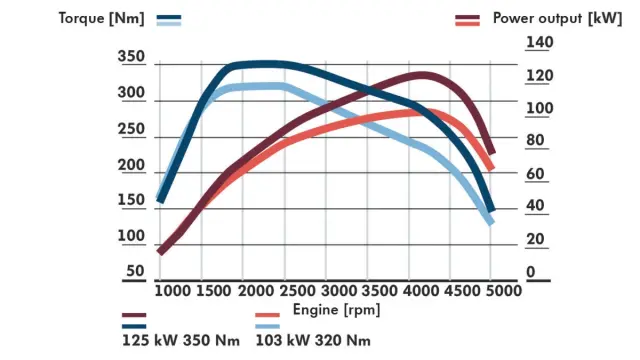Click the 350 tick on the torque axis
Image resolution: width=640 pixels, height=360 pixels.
click(x=132, y=58)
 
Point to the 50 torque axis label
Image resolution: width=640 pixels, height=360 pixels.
click(x=136, y=271)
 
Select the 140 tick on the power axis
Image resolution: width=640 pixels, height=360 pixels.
click(x=539, y=43)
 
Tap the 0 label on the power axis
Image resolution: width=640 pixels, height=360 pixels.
click(x=531, y=272)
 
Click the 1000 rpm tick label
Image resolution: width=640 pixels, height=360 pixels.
click(x=173, y=290)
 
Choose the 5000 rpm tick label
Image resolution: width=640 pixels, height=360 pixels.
click(x=504, y=290)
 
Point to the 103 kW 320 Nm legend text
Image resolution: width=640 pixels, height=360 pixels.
click(x=313, y=341)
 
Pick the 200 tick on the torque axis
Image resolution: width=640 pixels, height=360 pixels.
click(x=132, y=165)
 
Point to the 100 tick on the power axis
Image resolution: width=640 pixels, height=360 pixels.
click(x=539, y=108)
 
